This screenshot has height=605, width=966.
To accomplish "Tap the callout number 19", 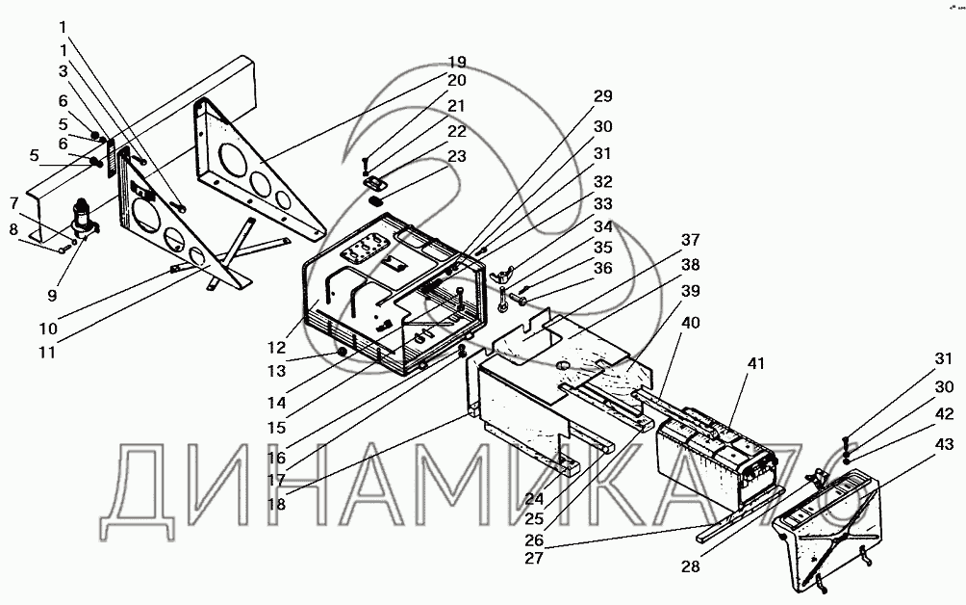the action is (x=457, y=61).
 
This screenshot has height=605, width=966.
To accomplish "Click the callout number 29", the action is (x=602, y=96).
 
